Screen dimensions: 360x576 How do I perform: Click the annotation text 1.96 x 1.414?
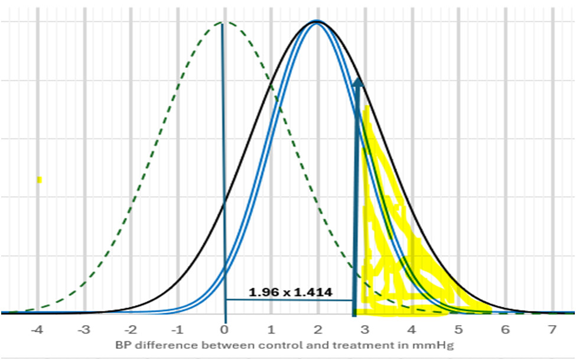[x=290, y=292]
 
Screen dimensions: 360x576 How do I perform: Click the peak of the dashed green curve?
[x=223, y=23]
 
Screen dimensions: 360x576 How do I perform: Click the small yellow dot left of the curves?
[x=39, y=180]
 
